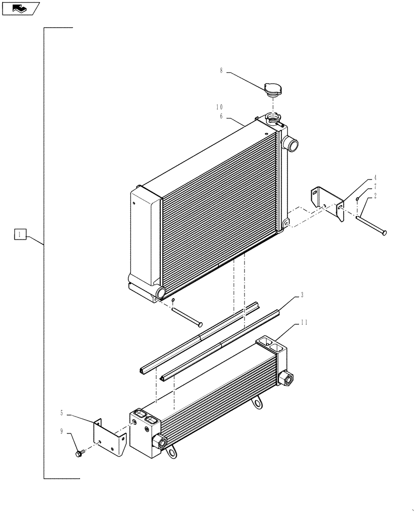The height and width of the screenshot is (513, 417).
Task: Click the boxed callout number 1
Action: [20, 235]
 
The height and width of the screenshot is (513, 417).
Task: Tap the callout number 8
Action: [221, 71]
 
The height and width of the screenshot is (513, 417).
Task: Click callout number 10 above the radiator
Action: [219, 107]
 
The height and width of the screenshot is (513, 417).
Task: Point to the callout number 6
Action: [221, 116]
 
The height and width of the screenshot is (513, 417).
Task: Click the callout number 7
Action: [375, 187]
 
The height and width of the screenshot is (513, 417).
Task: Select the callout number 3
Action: [302, 295]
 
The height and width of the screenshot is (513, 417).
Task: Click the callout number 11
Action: [304, 322]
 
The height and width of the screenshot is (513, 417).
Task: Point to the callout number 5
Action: [62, 412]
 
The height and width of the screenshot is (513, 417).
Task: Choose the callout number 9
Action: [62, 431]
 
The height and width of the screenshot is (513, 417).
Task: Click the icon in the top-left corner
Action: [21, 8]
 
